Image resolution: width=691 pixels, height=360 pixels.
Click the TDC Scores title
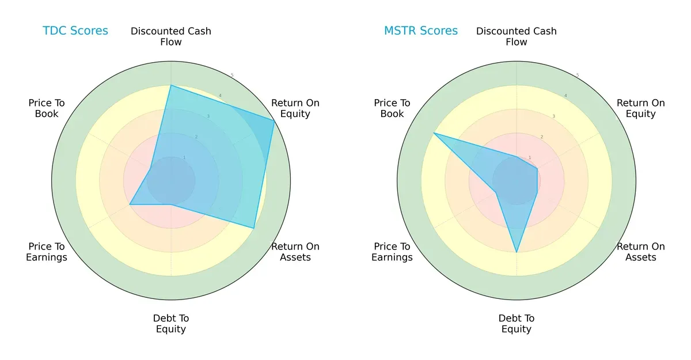pyautogui.click(x=75, y=31)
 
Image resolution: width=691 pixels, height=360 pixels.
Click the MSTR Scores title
pyautogui.click(x=421, y=31)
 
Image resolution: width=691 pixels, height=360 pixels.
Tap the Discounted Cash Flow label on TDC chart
pyautogui.click(x=171, y=36)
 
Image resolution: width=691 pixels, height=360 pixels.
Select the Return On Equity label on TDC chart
pyautogui.click(x=295, y=108)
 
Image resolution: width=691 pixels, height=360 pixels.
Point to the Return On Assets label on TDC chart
pyautogui.click(x=295, y=252)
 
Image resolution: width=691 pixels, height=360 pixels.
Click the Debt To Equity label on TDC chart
pyautogui.click(x=171, y=324)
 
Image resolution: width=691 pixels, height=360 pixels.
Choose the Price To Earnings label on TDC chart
pyautogui.click(x=47, y=252)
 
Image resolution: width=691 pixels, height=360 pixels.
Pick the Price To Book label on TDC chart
pyautogui.click(x=47, y=108)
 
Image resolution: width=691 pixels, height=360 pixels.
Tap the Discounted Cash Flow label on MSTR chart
pyautogui.click(x=517, y=36)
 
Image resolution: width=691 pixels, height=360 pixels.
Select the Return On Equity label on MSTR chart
pyautogui.click(x=640, y=108)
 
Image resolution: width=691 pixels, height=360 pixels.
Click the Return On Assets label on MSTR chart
pyautogui.click(x=640, y=252)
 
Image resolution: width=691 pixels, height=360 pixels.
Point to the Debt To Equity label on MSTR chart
pyautogui.click(x=517, y=324)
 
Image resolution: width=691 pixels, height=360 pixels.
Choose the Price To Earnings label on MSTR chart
pyautogui.click(x=392, y=252)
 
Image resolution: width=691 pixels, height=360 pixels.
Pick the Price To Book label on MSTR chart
pyautogui.click(x=392, y=108)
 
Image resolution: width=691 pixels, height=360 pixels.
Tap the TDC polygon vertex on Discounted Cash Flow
pyautogui.click(x=171, y=86)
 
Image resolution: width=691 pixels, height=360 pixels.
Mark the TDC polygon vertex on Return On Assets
pyautogui.click(x=254, y=228)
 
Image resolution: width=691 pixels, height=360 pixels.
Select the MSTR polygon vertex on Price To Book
pyautogui.click(x=434, y=133)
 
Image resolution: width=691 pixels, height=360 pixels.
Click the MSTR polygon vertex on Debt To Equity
pyautogui.click(x=517, y=252)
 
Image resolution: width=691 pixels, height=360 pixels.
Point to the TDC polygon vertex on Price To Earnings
pyautogui.click(x=130, y=204)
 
